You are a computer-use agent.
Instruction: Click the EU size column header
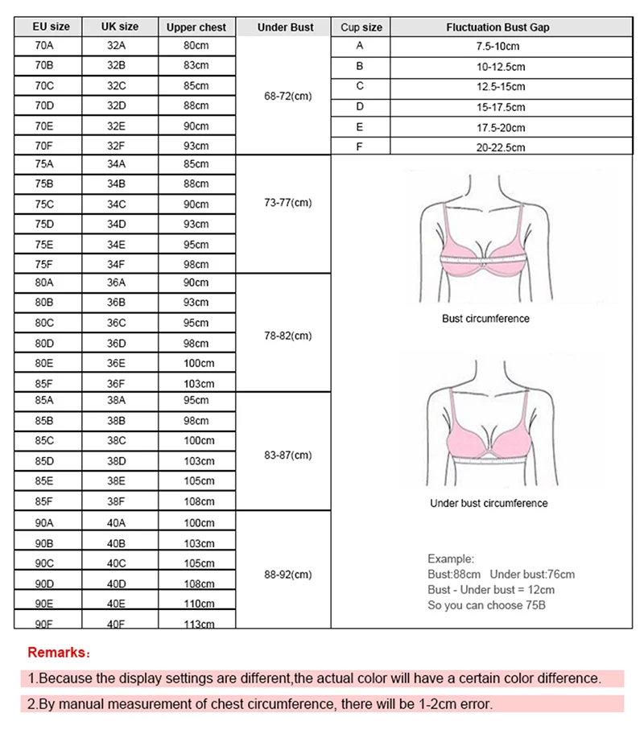(x=51, y=27)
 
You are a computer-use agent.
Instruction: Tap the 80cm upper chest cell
(x=196, y=47)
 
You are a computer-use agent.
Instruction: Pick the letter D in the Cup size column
(x=360, y=106)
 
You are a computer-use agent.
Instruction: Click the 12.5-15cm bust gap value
(x=500, y=87)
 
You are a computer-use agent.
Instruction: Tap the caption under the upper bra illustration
(x=485, y=319)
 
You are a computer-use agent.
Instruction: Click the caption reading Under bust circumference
(x=489, y=504)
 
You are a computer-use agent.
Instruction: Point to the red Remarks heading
(x=60, y=652)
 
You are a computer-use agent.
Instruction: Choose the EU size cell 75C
(x=44, y=204)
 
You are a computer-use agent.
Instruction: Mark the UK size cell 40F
(x=116, y=623)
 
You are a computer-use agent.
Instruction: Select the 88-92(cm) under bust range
(x=287, y=575)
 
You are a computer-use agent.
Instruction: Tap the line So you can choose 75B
(x=486, y=604)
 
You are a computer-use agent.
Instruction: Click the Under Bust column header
(x=285, y=27)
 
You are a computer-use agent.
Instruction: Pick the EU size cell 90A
(x=44, y=523)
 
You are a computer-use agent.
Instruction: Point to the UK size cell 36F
(x=116, y=383)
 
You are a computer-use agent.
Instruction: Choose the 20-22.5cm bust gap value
(x=500, y=147)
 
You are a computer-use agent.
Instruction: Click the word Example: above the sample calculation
(x=451, y=559)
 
